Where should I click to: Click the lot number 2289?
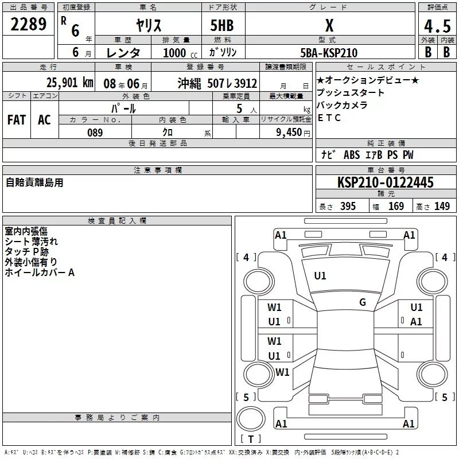point(28,24)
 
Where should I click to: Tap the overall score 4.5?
point(437,26)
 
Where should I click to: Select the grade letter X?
point(329,25)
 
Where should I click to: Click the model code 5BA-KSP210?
point(329,53)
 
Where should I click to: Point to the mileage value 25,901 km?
point(70,83)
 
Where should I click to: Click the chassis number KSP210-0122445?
point(385,182)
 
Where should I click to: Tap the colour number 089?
point(95,133)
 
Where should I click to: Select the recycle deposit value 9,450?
point(289,133)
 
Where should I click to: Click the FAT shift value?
point(17,120)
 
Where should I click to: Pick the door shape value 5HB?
point(222,25)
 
